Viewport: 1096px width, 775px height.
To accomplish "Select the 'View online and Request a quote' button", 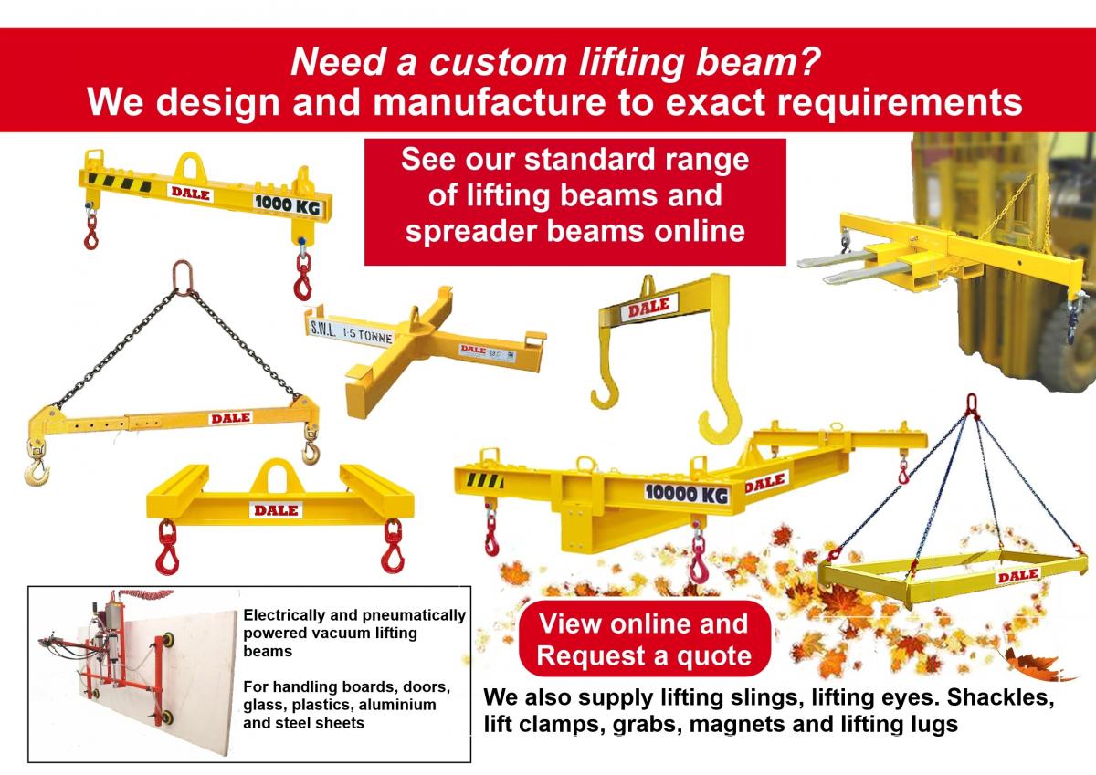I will coord(643,639).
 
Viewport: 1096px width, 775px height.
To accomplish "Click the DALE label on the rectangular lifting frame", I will coord(1018,575).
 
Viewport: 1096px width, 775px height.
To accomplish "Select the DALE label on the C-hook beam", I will coord(648,309).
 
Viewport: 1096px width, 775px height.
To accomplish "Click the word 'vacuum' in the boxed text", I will coord(365,633).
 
